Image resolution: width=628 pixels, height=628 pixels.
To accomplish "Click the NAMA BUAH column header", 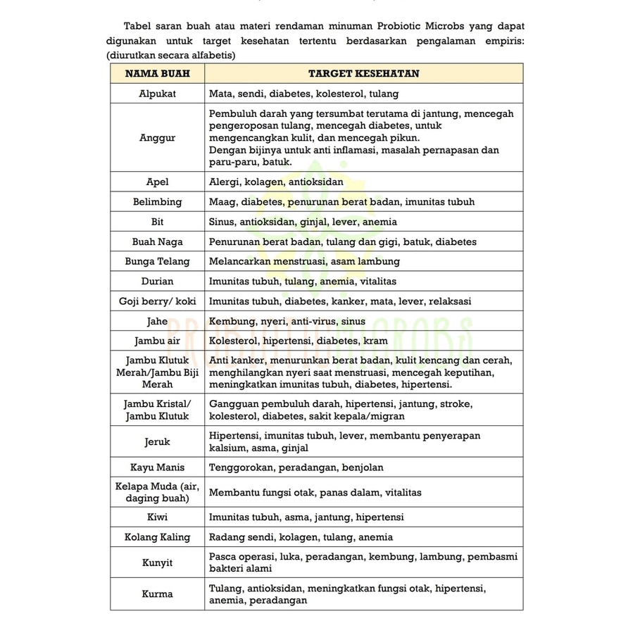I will (x=157, y=74).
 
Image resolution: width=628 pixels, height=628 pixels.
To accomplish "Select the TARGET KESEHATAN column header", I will (x=363, y=74).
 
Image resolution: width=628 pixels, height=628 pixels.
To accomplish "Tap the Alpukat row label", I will (x=157, y=94).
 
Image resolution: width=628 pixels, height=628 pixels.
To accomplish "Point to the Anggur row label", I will (x=157, y=138).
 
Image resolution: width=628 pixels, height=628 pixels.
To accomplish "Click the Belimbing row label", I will (x=157, y=202).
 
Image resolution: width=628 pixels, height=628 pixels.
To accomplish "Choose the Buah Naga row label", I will (x=157, y=242).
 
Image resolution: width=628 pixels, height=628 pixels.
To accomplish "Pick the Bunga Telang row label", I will (x=157, y=262).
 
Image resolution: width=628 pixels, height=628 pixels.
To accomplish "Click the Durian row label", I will (x=157, y=282).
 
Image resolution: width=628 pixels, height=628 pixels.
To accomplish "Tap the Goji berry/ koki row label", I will (x=157, y=301).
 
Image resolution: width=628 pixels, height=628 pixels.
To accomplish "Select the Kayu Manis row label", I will (x=157, y=467).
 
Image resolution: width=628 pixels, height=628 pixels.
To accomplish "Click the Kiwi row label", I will (x=157, y=517).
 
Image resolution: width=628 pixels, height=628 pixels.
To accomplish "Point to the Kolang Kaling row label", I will (x=157, y=537).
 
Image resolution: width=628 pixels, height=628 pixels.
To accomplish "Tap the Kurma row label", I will (x=157, y=594).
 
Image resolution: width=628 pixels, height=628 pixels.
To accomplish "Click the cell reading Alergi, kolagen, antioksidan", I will (x=276, y=182).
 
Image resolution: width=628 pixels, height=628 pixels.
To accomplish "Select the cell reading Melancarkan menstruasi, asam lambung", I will (x=304, y=262).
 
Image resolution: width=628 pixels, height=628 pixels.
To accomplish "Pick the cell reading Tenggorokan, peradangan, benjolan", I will (x=296, y=467).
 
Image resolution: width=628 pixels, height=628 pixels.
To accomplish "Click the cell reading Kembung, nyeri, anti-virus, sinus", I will (x=287, y=322).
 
